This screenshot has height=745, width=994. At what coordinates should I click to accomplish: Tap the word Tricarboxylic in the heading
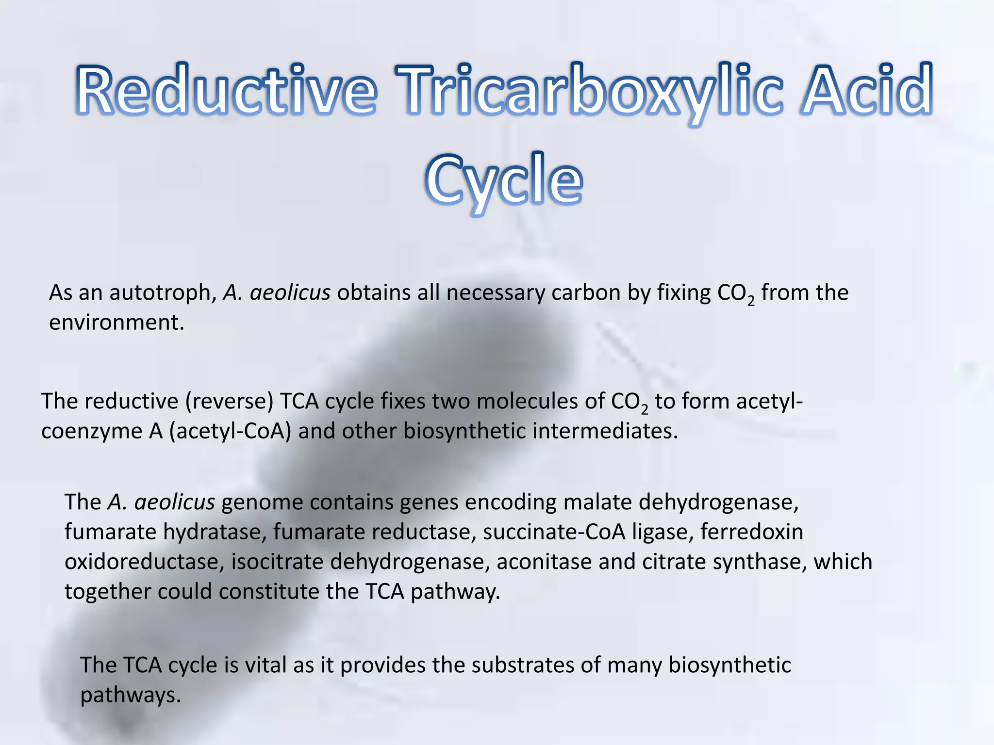(589, 92)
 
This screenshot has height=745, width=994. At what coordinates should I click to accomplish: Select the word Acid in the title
(866, 90)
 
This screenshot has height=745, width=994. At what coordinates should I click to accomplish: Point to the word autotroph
(163, 293)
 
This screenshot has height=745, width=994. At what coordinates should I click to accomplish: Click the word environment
(116, 323)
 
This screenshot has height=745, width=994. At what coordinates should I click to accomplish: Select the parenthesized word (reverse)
(230, 402)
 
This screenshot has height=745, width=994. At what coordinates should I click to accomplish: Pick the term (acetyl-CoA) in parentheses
(230, 431)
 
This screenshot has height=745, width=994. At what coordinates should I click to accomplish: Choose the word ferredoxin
(752, 532)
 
